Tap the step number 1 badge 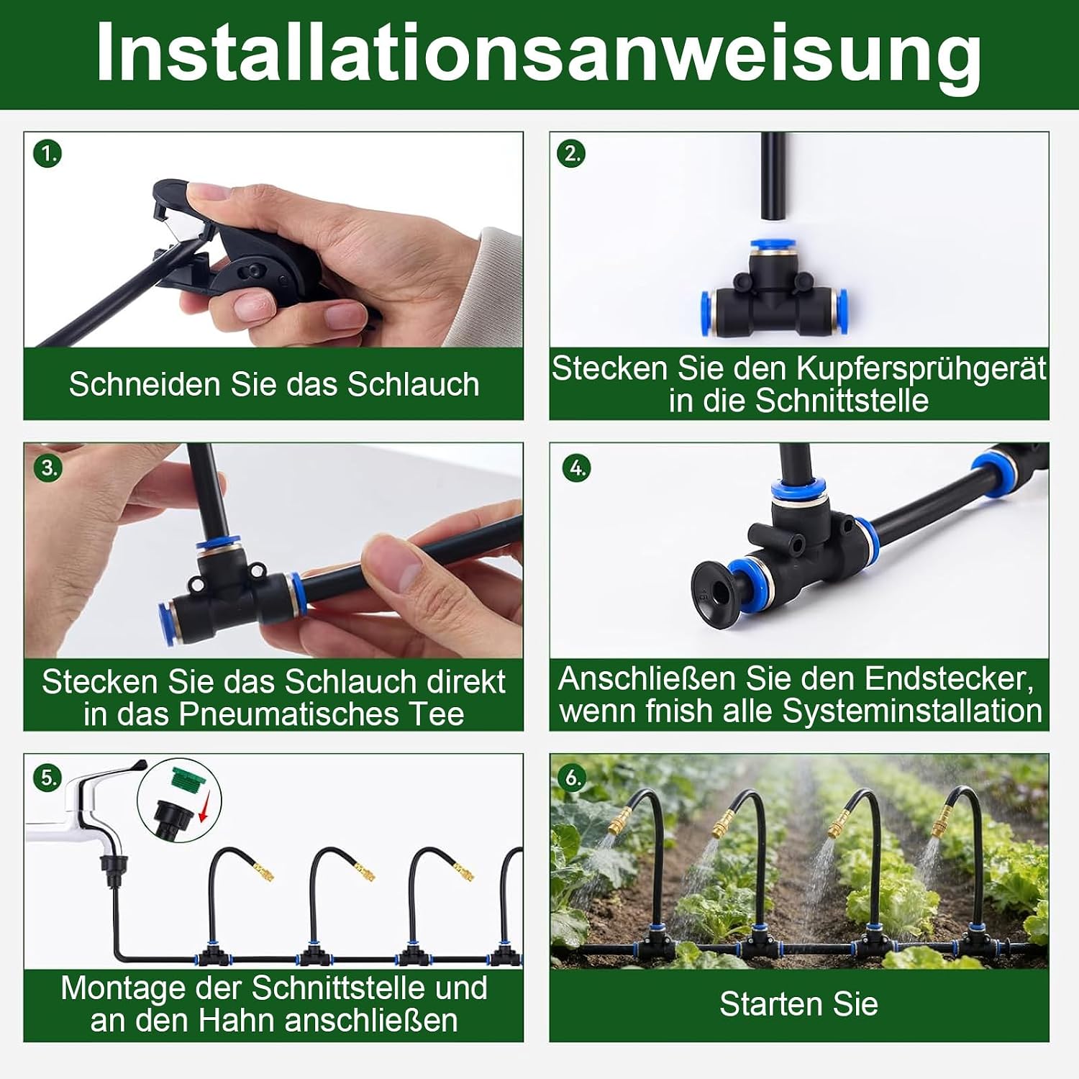[47, 153]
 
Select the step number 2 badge [572, 153]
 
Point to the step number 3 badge [47, 468]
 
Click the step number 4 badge [577, 468]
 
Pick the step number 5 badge [47, 778]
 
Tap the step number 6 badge [573, 778]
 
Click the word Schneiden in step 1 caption [145, 384]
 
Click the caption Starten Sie [798, 1004]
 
